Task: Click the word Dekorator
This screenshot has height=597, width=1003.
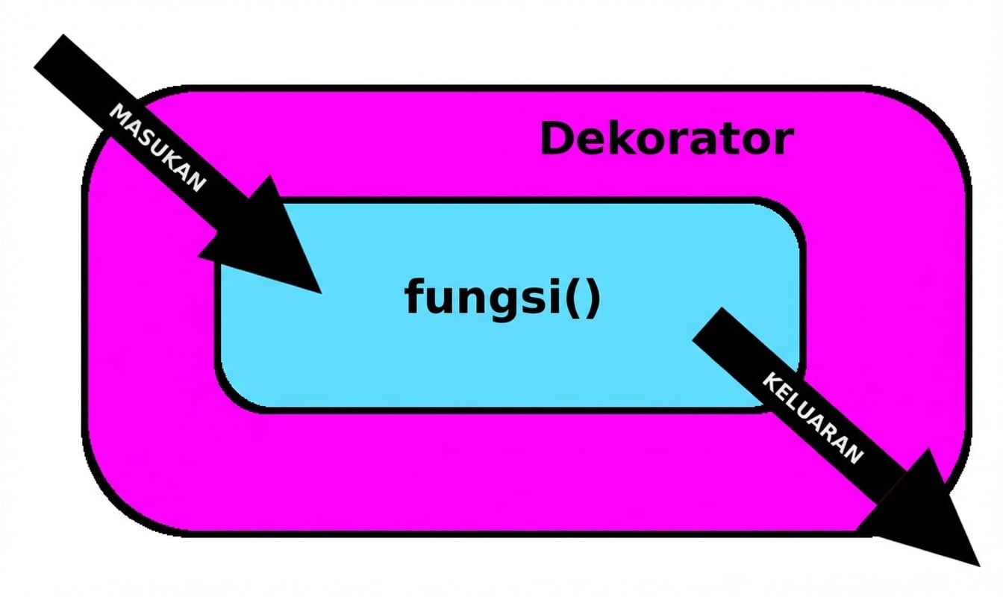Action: [666, 140]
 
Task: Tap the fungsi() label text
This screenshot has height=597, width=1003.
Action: [502, 297]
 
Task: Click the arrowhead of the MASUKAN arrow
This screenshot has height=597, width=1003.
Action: [280, 246]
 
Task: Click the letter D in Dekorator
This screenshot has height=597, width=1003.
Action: [556, 140]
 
